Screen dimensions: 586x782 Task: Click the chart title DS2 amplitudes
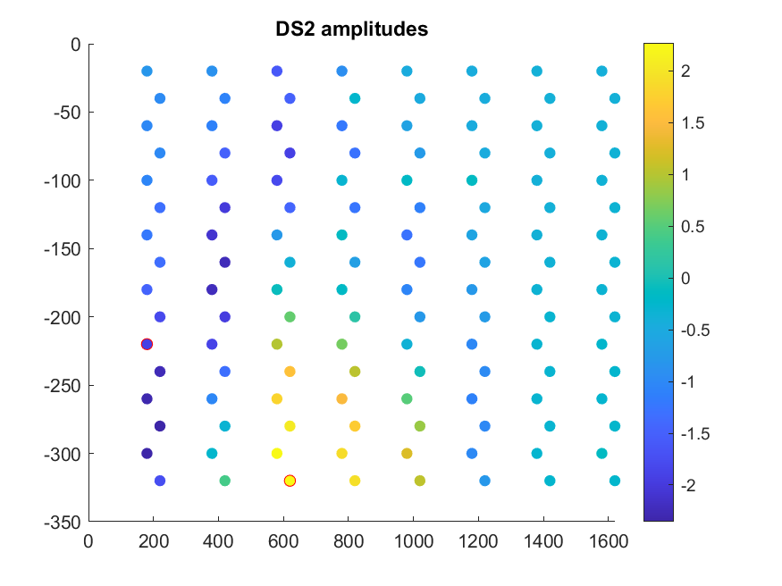(351, 29)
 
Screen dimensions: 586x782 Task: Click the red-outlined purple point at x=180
(147, 344)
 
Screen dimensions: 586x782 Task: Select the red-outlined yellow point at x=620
(290, 481)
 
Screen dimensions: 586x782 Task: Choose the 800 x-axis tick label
(348, 540)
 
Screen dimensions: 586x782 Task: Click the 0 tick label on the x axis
(88, 540)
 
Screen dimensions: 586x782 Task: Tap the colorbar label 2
(685, 71)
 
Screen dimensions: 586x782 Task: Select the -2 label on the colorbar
(689, 486)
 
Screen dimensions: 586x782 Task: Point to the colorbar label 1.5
(692, 123)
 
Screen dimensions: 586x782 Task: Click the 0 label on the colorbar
(685, 279)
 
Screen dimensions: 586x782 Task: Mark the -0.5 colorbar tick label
(695, 331)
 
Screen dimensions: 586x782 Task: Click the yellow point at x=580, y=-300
(277, 454)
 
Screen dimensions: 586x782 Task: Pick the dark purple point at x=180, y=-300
(147, 454)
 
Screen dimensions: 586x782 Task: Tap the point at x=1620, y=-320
(615, 481)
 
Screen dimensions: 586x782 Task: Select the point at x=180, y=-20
(147, 71)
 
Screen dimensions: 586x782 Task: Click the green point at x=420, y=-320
(225, 481)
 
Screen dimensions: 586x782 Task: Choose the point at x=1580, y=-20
(601, 71)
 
